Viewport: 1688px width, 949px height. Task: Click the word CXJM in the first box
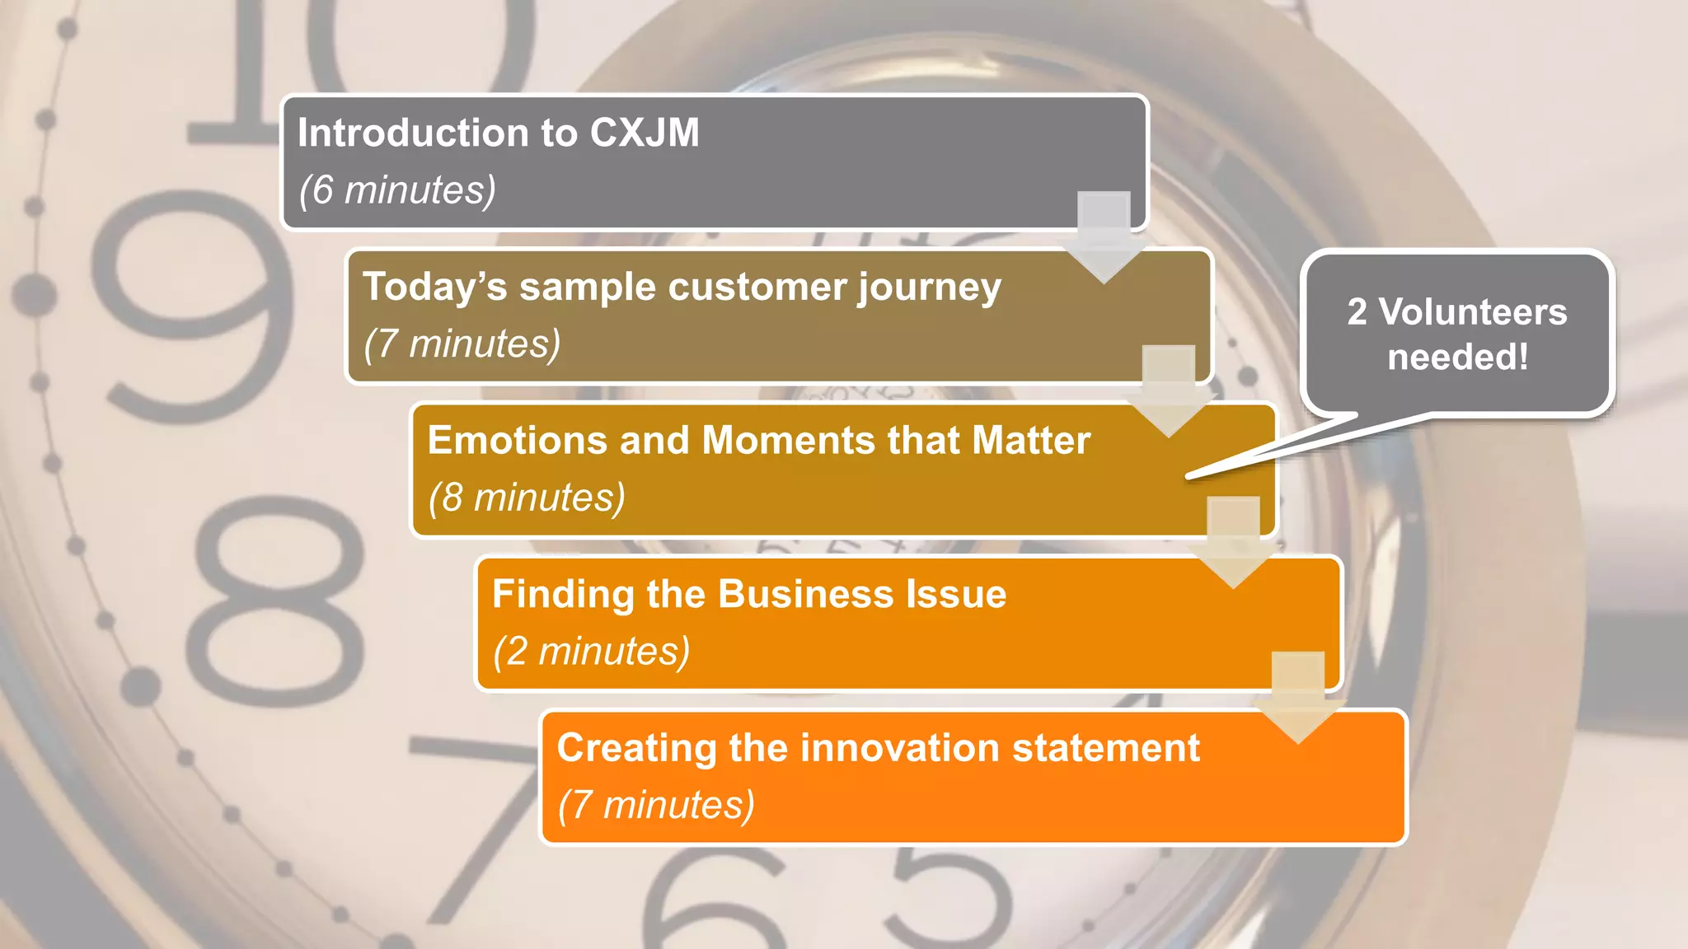point(645,133)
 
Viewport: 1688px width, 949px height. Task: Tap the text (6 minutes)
point(397,190)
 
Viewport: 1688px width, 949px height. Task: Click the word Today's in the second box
point(434,287)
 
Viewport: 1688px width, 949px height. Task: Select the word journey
point(929,288)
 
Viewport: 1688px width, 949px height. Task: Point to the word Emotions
point(517,440)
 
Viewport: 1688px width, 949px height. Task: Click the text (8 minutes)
point(527,498)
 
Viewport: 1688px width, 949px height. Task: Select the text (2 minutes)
point(591,651)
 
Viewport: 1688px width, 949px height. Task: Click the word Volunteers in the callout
point(1472,312)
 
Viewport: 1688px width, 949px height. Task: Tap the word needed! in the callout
point(1457,358)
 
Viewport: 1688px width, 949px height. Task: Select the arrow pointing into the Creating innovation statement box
point(1297,697)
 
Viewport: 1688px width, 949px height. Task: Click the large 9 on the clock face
point(194,305)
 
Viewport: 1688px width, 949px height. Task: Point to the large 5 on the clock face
point(948,902)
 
